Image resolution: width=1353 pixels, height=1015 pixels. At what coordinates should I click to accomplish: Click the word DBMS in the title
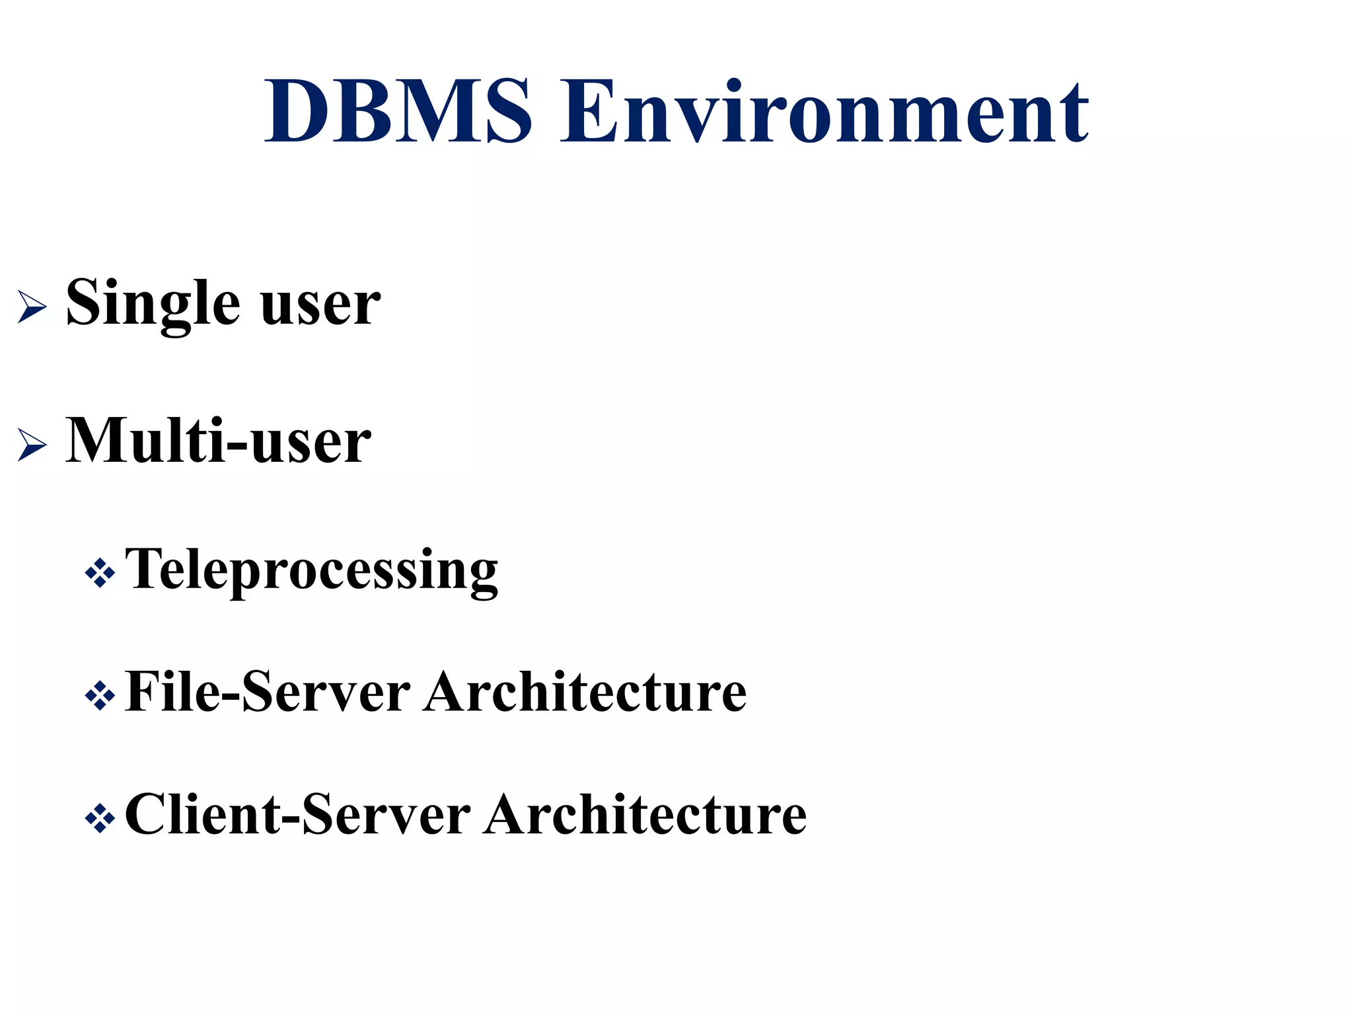tap(398, 110)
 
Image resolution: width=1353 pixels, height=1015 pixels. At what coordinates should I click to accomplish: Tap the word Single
tap(153, 303)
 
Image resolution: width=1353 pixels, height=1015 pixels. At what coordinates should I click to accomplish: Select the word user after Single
tap(320, 305)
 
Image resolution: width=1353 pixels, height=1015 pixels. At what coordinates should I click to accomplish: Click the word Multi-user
tap(218, 441)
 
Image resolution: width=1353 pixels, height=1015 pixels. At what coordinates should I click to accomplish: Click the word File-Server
tap(268, 692)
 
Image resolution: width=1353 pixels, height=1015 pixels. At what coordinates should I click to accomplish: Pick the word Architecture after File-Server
tap(585, 692)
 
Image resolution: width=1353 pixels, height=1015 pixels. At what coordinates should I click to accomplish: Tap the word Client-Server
tap(297, 815)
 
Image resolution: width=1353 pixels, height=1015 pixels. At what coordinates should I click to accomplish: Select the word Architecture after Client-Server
tap(645, 815)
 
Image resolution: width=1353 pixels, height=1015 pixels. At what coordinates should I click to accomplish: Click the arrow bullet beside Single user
tap(32, 307)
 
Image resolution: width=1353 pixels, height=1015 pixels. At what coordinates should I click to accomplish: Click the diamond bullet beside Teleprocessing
tap(100, 573)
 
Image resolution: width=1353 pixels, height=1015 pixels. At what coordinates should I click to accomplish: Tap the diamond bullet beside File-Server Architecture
tap(100, 696)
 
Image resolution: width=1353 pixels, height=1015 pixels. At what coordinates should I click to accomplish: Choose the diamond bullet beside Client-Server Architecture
tap(100, 819)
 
